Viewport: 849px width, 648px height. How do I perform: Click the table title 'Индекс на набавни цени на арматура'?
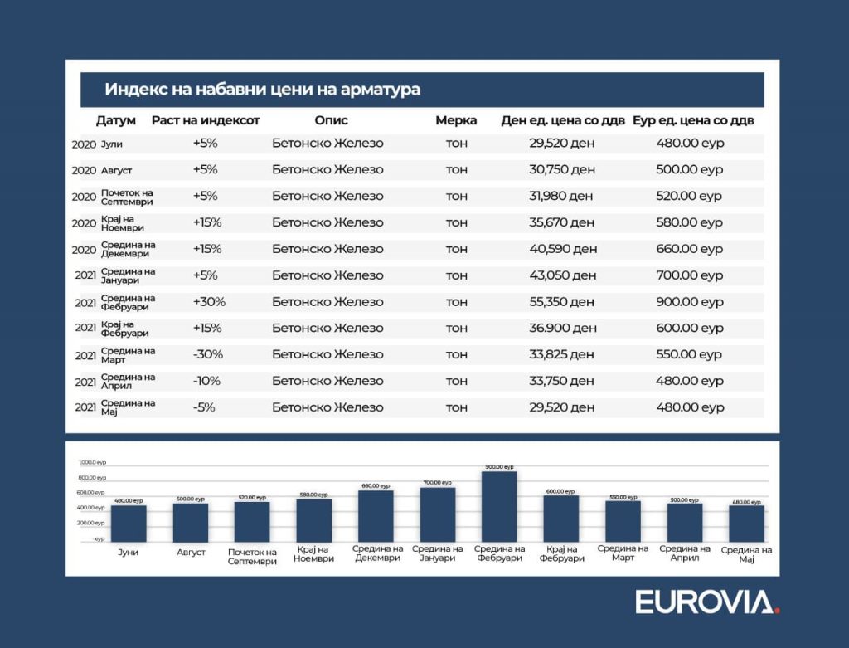(x=262, y=90)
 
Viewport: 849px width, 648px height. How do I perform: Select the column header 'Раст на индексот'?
(x=206, y=120)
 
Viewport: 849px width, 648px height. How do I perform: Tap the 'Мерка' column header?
(x=456, y=120)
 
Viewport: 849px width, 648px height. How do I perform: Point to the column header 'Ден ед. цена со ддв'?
(x=562, y=120)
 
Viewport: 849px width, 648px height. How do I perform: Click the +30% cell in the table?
(x=209, y=302)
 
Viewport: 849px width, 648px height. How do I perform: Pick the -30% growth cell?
(x=209, y=355)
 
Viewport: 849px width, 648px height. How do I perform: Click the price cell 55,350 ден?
(x=563, y=302)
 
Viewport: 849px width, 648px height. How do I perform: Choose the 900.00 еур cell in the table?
(x=690, y=302)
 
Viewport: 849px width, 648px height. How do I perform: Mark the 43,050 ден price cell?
(x=563, y=275)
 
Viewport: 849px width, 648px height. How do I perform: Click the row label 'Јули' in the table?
(x=112, y=144)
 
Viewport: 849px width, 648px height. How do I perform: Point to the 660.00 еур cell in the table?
(x=690, y=249)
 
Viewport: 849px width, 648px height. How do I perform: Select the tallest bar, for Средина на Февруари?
(x=499, y=506)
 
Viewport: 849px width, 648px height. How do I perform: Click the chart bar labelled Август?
(x=191, y=523)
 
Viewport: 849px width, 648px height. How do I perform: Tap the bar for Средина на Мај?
(x=746, y=524)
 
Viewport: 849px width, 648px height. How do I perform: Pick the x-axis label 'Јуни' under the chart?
(x=128, y=552)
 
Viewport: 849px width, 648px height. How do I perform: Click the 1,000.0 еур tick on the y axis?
(x=92, y=462)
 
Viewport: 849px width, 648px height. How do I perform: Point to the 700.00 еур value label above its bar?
(x=436, y=483)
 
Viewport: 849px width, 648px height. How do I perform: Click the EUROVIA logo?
(x=707, y=602)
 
